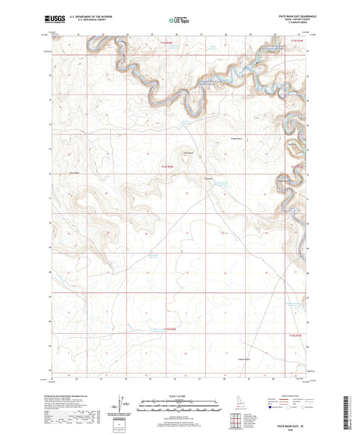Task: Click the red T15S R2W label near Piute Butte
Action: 169,165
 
